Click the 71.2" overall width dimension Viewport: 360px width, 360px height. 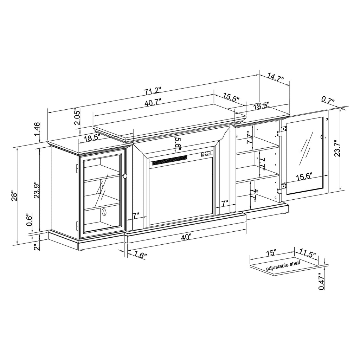pyautogui.click(x=152, y=91)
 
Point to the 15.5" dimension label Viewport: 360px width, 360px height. pyautogui.click(x=231, y=98)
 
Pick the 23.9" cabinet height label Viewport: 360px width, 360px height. pyautogui.click(x=36, y=190)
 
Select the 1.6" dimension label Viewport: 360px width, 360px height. pyautogui.click(x=140, y=255)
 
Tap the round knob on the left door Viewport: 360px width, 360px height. pyautogui.click(x=125, y=176)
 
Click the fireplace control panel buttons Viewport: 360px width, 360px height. pyautogui.click(x=206, y=153)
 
